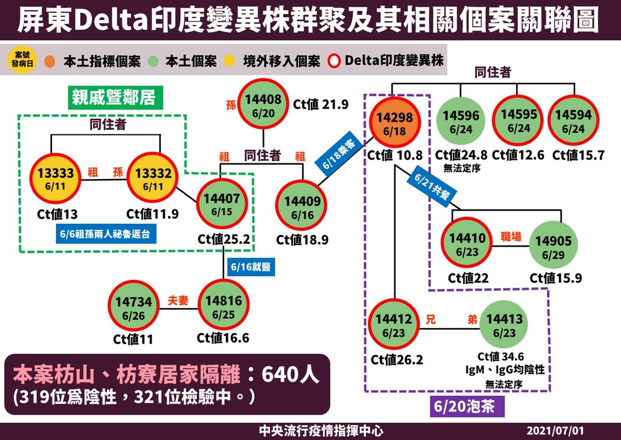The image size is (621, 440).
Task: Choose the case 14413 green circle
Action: [504, 324]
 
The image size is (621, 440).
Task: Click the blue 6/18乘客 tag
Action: [339, 154]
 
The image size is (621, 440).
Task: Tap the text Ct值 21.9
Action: [320, 104]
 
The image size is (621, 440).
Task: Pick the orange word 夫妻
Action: [174, 300]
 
